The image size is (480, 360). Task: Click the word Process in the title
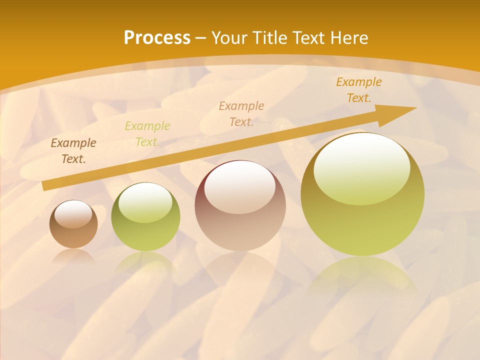(157, 38)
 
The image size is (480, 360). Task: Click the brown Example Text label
(73, 151)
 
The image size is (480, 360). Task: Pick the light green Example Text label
(147, 134)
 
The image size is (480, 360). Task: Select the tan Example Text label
(241, 114)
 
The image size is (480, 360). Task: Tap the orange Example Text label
(359, 90)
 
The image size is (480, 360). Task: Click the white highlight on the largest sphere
(361, 167)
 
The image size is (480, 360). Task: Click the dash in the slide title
(201, 38)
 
